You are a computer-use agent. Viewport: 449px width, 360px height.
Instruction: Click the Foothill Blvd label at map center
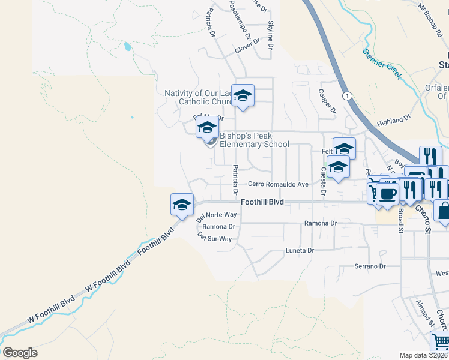coord(262,203)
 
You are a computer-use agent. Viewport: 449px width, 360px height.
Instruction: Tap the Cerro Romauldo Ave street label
coord(278,184)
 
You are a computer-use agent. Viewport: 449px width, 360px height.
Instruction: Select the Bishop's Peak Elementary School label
coord(254,140)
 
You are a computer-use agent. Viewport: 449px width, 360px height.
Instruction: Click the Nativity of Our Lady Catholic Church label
coord(197,97)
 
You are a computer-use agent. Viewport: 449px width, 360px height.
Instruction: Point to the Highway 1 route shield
coord(346,95)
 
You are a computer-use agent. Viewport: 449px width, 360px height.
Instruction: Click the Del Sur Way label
coord(214,238)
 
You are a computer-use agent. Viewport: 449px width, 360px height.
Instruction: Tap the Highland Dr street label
coord(393,121)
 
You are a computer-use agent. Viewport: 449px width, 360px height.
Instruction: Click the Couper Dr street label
coord(327,101)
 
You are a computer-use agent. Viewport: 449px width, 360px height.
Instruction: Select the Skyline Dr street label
coord(271,35)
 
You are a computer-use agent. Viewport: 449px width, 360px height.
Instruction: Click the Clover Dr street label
coord(247,46)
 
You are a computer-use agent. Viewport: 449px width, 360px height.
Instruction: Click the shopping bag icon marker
coord(445,211)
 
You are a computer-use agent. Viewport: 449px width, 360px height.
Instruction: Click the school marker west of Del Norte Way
coord(182,205)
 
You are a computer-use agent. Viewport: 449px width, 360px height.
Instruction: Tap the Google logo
coord(20,353)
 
